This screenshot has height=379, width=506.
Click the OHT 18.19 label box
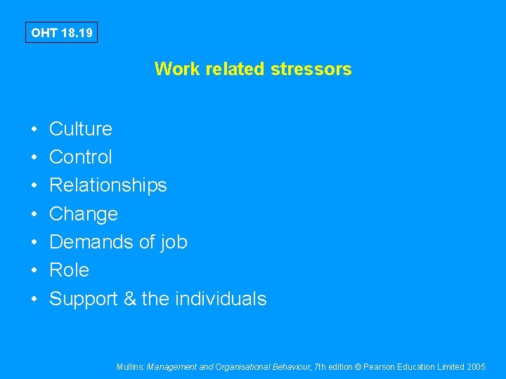click(61, 32)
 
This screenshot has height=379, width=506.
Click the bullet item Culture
click(80, 129)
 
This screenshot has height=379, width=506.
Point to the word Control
click(80, 157)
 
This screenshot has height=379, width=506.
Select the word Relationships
click(108, 185)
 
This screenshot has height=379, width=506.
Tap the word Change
click(83, 213)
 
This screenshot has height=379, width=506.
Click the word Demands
click(91, 242)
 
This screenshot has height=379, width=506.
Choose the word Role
click(69, 270)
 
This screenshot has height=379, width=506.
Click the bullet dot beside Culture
click(34, 130)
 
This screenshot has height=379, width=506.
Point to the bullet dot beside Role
click(34, 271)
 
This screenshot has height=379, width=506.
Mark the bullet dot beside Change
click(34, 214)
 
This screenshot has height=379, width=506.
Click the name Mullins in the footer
click(131, 366)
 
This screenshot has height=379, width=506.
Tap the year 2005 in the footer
click(475, 366)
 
